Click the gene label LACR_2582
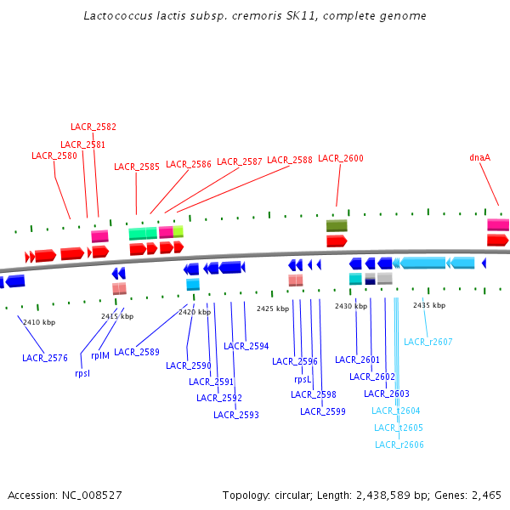pyautogui.click(x=93, y=127)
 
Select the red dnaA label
pyautogui.click(x=480, y=157)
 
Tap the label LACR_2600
pyautogui.click(x=341, y=158)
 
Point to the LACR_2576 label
pyautogui.click(x=45, y=358)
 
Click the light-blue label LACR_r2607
pyautogui.click(x=428, y=342)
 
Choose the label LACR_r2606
pyautogui.click(x=399, y=445)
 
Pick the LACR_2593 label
pyautogui.click(x=236, y=415)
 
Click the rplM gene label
pyautogui.click(x=100, y=355)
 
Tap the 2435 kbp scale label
pyautogui.click(x=429, y=305)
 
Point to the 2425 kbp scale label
pyautogui.click(x=273, y=309)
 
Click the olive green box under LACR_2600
pyautogui.click(x=337, y=225)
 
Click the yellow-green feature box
pyautogui.click(x=178, y=231)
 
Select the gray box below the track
pyautogui.click(x=385, y=278)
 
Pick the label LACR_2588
pyautogui.click(x=290, y=160)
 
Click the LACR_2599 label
pyautogui.click(x=323, y=411)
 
